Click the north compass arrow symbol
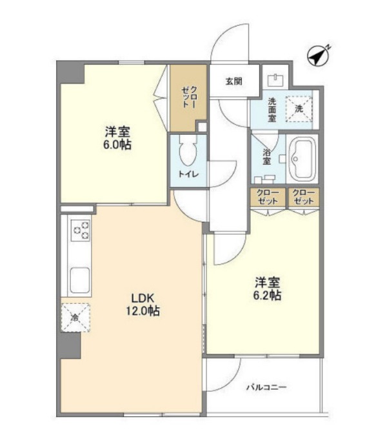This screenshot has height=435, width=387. pos(318,57)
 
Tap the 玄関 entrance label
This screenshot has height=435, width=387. pos(234,81)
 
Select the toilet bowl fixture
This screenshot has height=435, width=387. pos(188,150)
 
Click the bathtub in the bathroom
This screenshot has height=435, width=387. pos(303,159)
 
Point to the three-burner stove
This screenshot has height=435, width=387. pos(81,230)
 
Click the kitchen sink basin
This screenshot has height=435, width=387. pos(80,280)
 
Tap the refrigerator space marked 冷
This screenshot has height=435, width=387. pos(75,318)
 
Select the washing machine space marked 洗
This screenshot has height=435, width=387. pos(299,109)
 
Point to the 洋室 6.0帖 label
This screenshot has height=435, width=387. pos(117,138)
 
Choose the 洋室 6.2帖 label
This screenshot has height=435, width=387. pos(268,288)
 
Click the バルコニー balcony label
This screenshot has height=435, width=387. pos(266,387)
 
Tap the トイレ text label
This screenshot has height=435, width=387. pos(188,174)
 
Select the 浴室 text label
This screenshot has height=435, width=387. pos(266,157)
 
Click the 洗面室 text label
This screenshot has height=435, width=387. pos(272,110)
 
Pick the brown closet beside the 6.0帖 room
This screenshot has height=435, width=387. pos(188,98)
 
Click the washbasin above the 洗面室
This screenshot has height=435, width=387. pos(275,80)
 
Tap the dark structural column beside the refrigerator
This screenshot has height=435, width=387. pos(69,345)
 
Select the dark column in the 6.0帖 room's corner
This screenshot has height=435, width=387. pos(71,72)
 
